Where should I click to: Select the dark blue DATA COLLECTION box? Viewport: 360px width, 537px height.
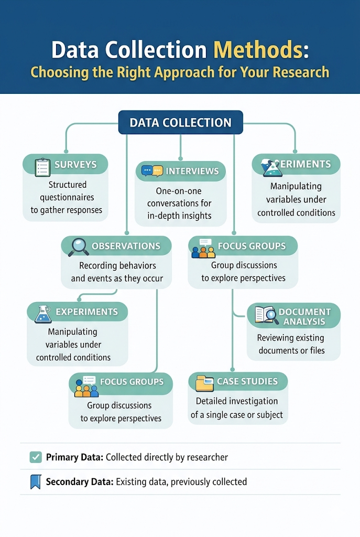(180, 123)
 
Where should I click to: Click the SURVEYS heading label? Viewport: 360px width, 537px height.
(75, 164)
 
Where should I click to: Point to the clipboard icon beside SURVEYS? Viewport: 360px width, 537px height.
(41, 166)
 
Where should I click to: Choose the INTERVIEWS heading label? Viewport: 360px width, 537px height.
(192, 171)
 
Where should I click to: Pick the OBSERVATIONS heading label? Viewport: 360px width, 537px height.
(126, 246)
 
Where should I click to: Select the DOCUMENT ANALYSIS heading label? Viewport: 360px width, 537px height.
(304, 316)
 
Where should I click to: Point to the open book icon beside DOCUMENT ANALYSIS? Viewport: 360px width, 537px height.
(267, 315)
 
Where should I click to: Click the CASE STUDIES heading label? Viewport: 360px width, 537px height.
(247, 381)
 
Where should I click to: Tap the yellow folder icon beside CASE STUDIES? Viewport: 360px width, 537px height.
(204, 383)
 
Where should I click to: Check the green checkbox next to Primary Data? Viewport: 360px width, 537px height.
(36, 457)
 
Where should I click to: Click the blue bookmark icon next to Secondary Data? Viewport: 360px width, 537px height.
(36, 481)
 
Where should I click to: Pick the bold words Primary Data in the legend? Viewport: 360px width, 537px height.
(75, 457)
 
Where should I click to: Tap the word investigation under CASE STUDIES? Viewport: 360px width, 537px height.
(252, 401)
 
